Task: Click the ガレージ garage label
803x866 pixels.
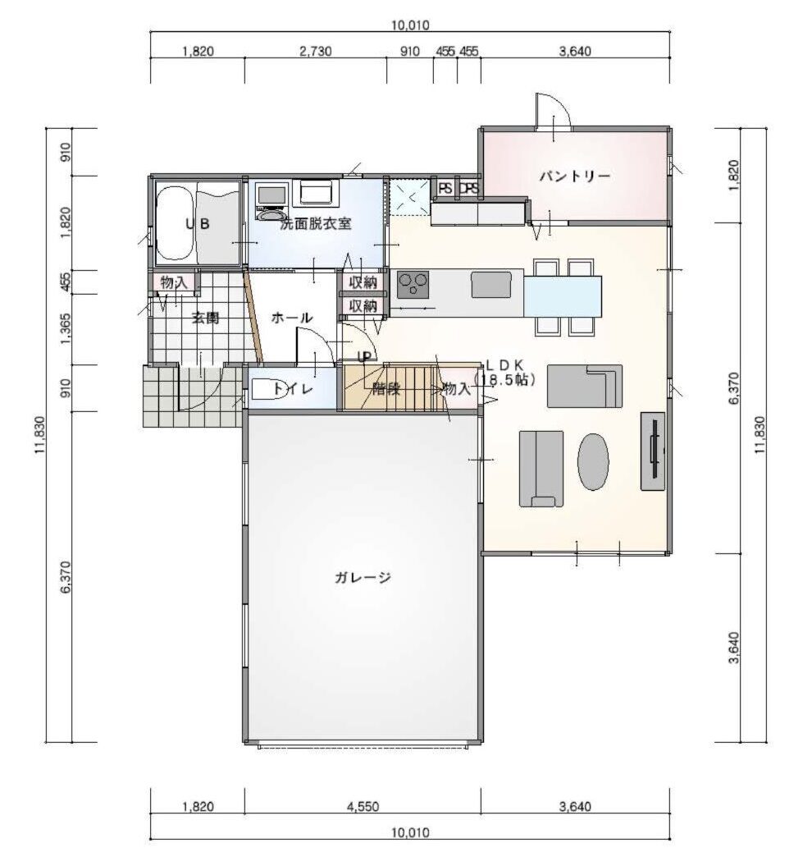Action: tap(363, 578)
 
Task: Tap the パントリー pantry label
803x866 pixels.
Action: tap(575, 176)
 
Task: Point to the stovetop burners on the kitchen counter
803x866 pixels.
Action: tap(413, 284)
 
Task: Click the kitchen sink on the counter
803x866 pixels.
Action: tap(490, 285)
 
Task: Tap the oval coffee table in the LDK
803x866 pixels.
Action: tap(594, 461)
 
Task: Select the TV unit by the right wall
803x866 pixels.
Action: tap(653, 451)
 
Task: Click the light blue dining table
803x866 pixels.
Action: tap(563, 296)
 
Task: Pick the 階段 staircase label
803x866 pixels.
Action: tap(386, 388)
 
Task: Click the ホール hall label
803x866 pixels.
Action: tap(292, 318)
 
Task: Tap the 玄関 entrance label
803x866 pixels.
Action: tap(205, 318)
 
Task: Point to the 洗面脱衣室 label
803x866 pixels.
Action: tap(315, 223)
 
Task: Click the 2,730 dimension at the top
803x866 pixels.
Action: tap(316, 52)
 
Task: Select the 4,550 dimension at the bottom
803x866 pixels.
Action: tap(363, 806)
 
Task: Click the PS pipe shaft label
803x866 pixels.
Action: tap(445, 188)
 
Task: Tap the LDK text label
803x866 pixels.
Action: tap(504, 365)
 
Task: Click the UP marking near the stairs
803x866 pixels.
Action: tap(364, 357)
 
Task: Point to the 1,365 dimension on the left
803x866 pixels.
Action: tap(66, 329)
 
